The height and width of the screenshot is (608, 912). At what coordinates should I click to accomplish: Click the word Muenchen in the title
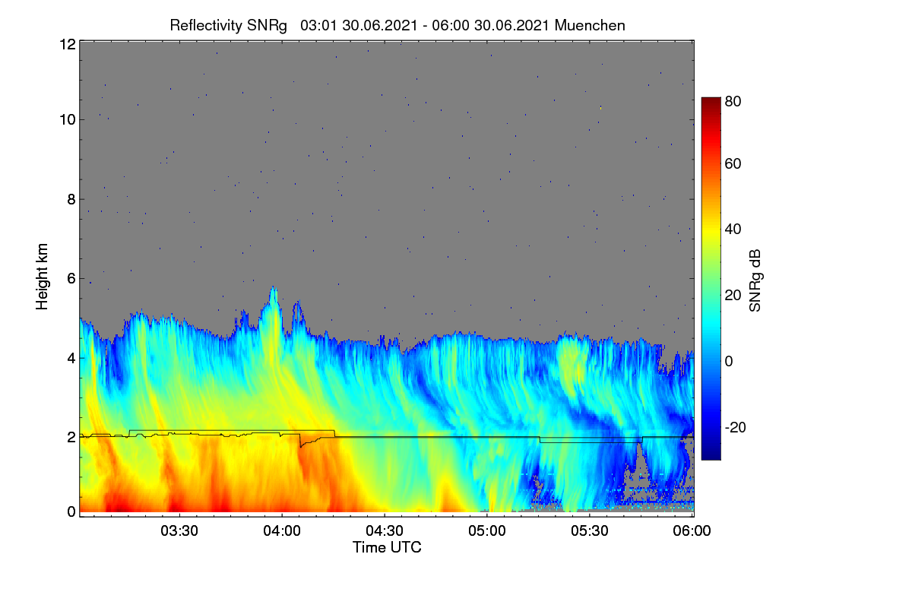(x=590, y=26)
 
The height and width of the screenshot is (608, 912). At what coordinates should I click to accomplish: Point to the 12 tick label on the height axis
(x=68, y=44)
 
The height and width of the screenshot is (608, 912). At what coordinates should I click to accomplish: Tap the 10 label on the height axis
(x=68, y=119)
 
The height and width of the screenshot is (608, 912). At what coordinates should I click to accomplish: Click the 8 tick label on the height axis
(x=71, y=199)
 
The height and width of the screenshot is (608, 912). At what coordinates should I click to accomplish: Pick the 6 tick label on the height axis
(x=71, y=279)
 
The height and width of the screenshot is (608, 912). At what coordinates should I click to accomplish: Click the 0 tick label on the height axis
(x=71, y=512)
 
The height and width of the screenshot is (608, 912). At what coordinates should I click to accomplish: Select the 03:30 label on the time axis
(x=179, y=531)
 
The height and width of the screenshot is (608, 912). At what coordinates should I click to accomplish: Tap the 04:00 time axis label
(x=282, y=531)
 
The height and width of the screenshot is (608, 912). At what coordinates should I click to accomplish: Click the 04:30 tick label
(x=385, y=531)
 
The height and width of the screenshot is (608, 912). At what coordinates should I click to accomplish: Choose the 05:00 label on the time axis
(x=487, y=531)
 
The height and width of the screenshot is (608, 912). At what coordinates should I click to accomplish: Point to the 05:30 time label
(x=590, y=531)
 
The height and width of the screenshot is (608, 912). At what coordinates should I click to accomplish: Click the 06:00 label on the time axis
(x=692, y=531)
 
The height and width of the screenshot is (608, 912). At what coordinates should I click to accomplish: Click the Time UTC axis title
(x=387, y=547)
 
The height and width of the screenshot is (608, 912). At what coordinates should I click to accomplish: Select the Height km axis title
(x=42, y=277)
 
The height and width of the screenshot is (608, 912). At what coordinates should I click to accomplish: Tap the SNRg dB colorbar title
(x=755, y=280)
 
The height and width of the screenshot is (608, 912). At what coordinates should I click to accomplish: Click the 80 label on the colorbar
(x=733, y=101)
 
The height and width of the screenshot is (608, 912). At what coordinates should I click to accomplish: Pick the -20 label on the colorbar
(x=736, y=427)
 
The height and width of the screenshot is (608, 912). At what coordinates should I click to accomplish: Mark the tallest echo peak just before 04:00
(x=273, y=287)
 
